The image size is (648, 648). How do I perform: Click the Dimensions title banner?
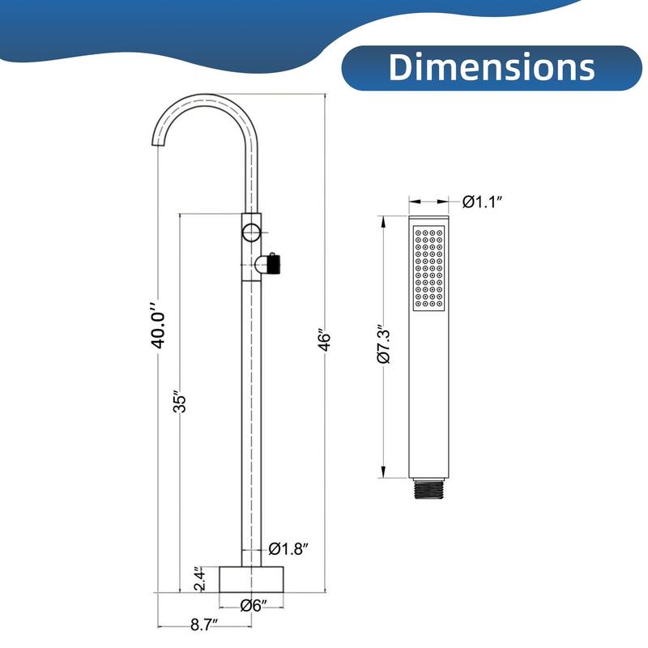[x=491, y=66]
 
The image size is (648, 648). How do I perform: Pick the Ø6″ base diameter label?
[x=254, y=604]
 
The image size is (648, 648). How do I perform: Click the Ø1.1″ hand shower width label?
[x=484, y=202]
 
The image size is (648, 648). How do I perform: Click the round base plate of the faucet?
[x=254, y=580]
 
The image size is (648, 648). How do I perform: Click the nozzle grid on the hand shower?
[x=428, y=268]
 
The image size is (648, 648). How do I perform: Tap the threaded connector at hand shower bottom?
[x=429, y=488]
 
